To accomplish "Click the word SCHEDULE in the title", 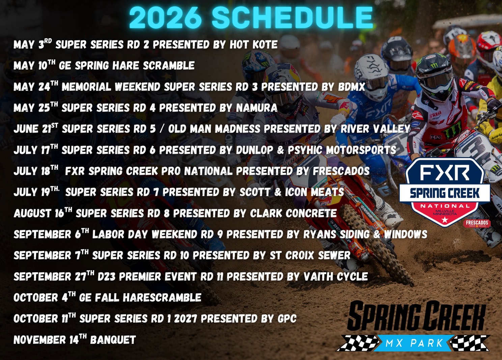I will point(292,18).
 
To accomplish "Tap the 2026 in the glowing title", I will point(165,18).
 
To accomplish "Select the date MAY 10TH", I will point(34,65).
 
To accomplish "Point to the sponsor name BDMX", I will point(352,87).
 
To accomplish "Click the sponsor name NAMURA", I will point(257,108).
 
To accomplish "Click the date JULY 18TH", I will point(36,171).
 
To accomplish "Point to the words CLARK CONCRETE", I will point(293,214).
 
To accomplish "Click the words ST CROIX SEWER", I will point(310,255).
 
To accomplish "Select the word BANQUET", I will point(113,340).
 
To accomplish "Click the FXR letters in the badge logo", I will point(445,172).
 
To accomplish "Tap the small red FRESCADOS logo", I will point(477,223).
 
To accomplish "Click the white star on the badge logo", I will point(445,220).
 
